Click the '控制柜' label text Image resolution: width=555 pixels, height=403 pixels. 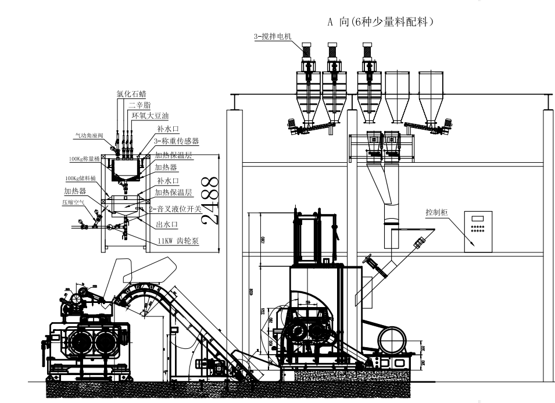(x=436, y=213)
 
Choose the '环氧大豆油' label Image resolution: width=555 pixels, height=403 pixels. (x=150, y=116)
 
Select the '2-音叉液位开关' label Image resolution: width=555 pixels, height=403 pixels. (x=175, y=208)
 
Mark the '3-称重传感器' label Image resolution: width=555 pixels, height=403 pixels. (x=176, y=141)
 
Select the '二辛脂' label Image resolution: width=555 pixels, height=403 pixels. (x=139, y=105)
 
